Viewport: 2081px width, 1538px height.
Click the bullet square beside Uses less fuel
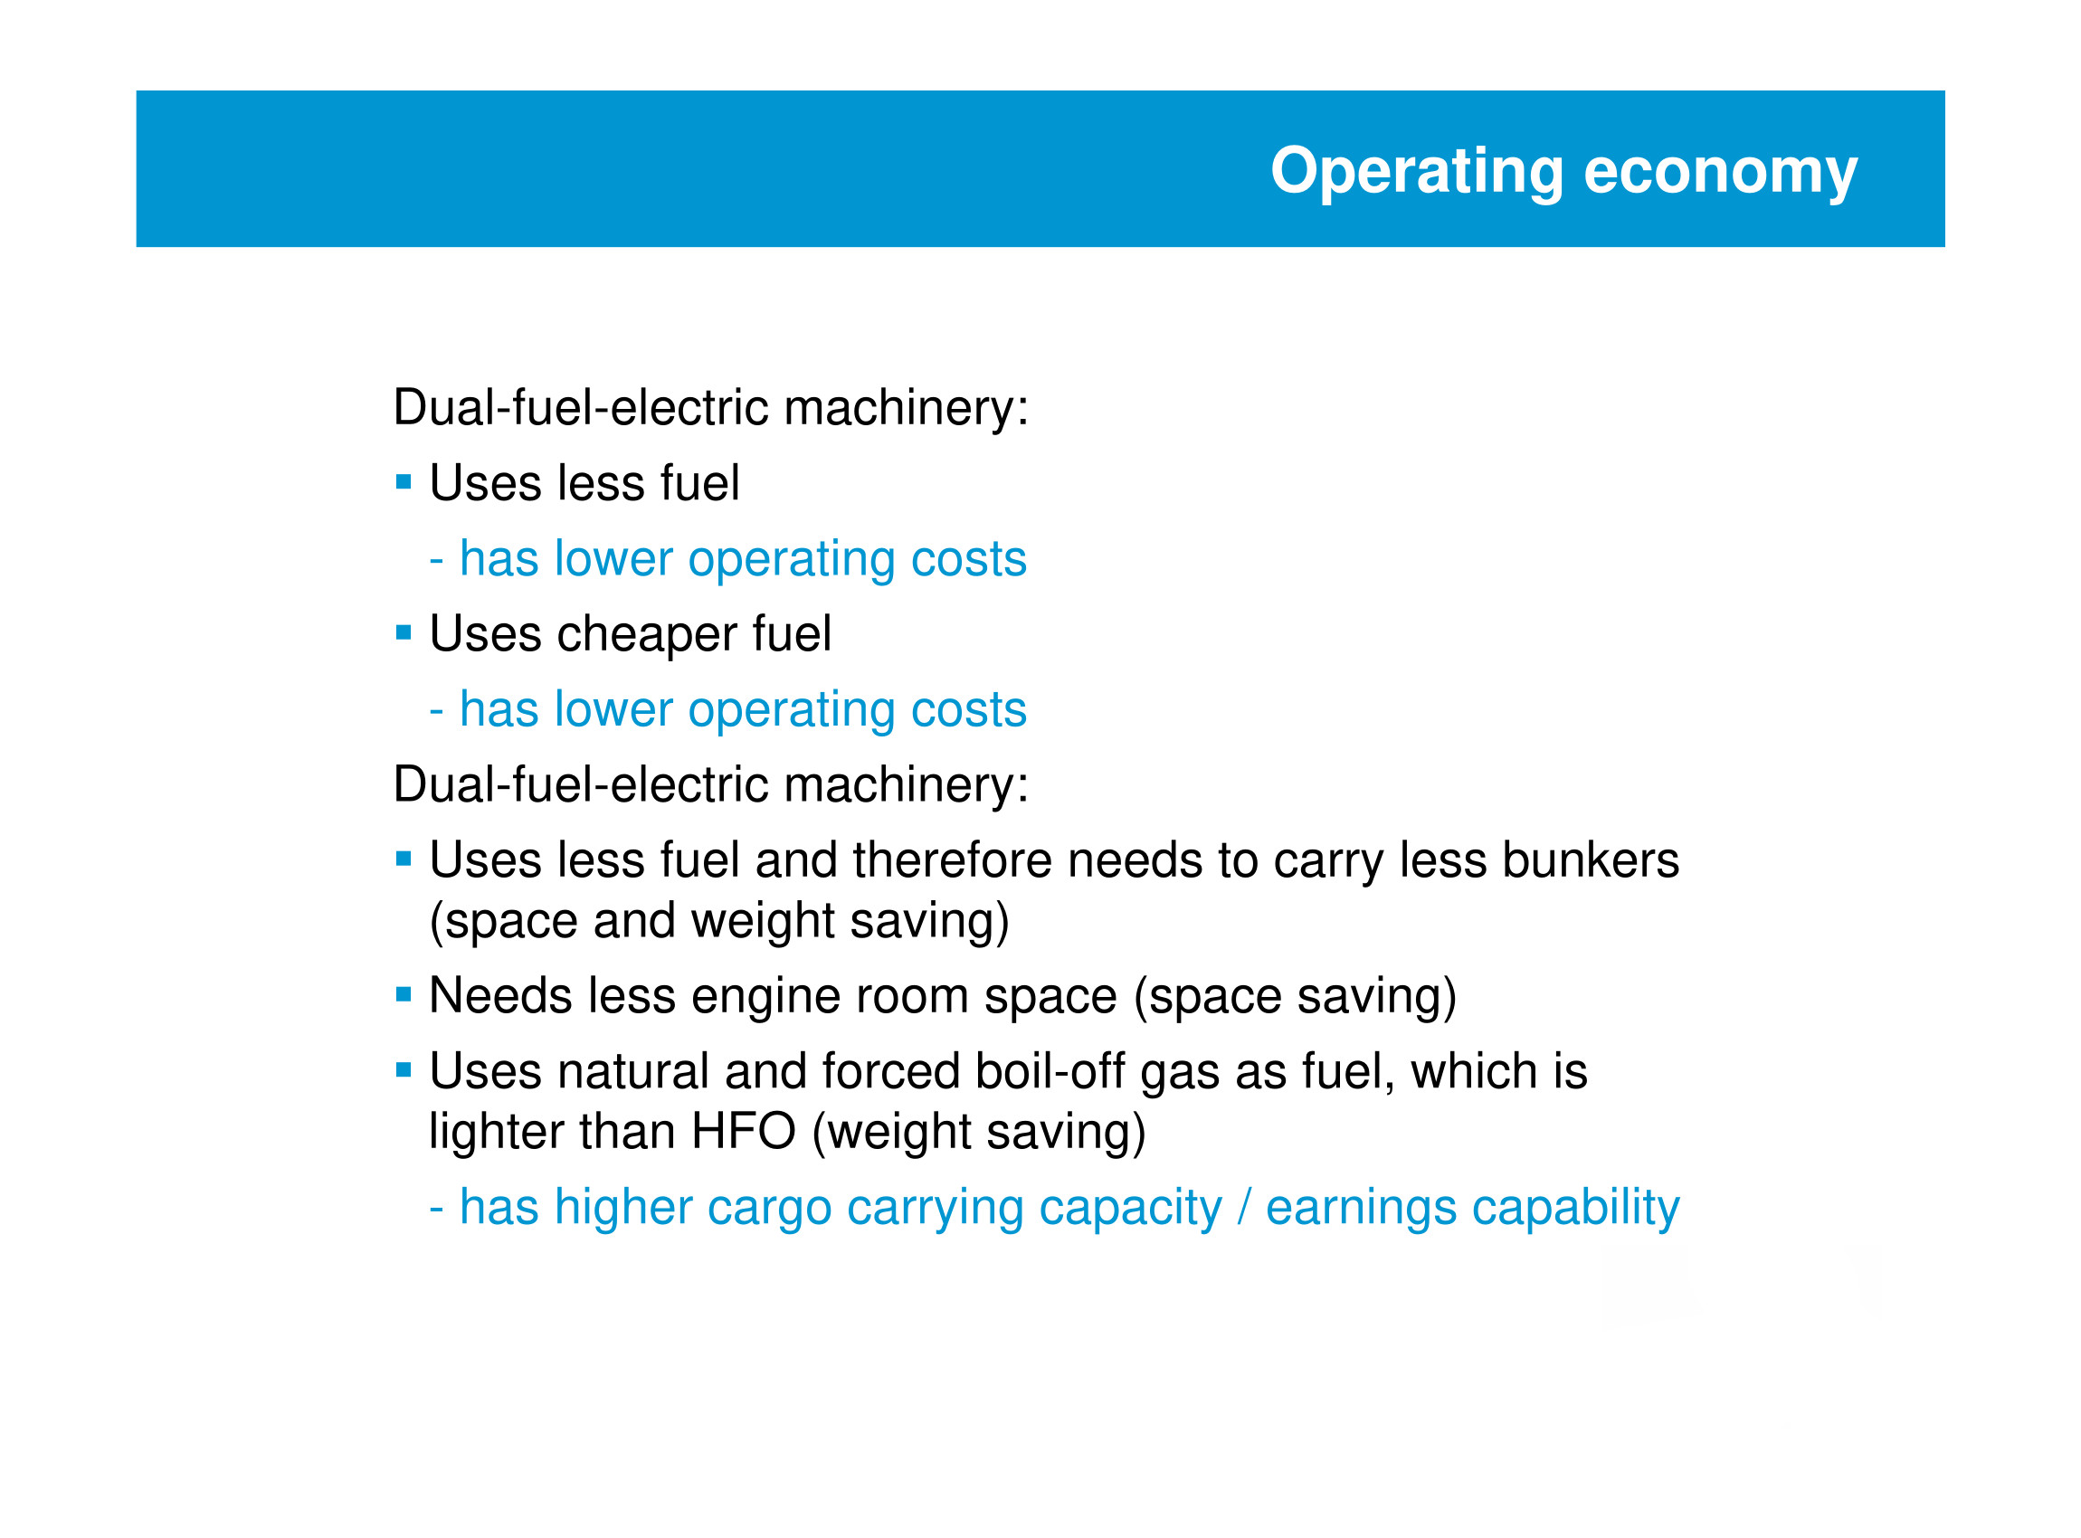404,482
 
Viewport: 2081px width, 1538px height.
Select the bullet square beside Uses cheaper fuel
404,633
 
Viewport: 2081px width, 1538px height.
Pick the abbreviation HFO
743,1131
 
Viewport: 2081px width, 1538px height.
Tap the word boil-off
1050,1070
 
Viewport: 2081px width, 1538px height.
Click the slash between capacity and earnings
1244,1208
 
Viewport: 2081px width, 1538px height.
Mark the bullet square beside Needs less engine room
404,995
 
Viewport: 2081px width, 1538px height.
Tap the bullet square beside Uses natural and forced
404,1070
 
